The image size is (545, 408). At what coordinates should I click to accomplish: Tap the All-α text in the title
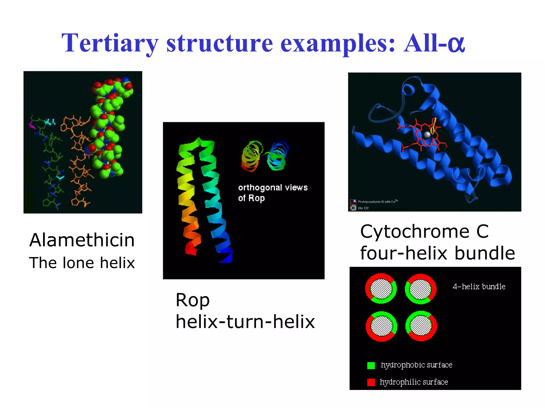click(x=434, y=43)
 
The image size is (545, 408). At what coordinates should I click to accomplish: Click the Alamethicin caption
click(x=82, y=240)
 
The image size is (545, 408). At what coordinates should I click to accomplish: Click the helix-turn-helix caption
click(x=245, y=322)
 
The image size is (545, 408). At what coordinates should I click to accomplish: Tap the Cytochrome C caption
click(x=424, y=231)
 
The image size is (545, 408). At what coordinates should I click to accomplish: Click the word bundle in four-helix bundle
click(x=485, y=253)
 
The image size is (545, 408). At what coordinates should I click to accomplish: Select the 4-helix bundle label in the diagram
click(x=479, y=286)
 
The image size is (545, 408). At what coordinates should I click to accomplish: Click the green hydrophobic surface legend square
click(x=371, y=365)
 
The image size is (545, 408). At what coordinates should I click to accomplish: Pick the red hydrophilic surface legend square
click(x=371, y=382)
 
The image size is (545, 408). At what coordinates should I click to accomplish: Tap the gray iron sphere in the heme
click(x=427, y=135)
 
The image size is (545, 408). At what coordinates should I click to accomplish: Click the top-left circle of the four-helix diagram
click(x=381, y=288)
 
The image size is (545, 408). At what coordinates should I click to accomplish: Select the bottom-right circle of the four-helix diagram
click(x=421, y=326)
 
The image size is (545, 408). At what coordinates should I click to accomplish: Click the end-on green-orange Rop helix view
click(x=251, y=156)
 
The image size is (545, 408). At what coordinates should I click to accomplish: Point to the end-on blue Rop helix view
click(x=278, y=156)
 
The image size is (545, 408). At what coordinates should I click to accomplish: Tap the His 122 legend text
click(x=363, y=208)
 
